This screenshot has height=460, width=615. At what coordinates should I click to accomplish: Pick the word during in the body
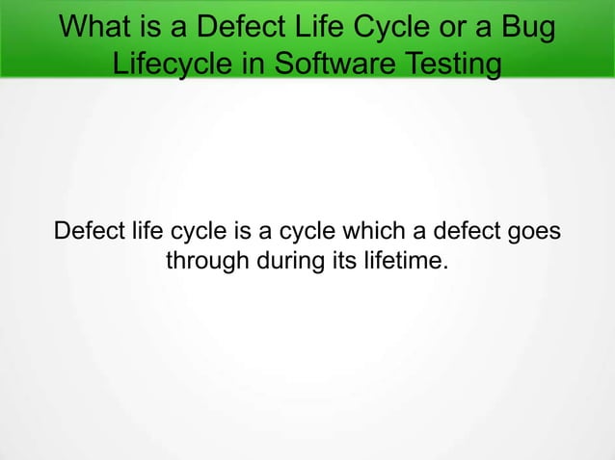[288, 261]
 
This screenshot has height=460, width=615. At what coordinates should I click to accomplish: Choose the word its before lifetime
[345, 261]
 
